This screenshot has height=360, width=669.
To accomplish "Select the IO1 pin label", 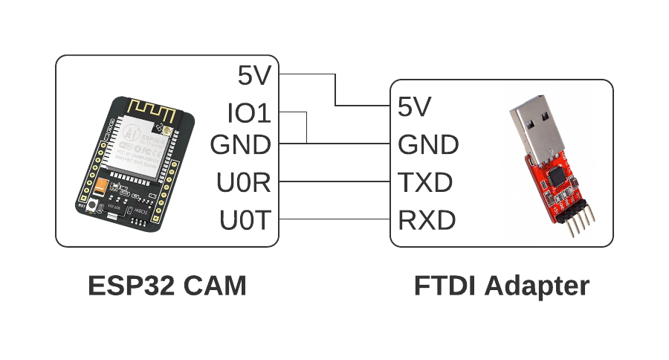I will (248, 114).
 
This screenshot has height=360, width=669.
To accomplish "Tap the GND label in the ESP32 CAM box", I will (240, 145).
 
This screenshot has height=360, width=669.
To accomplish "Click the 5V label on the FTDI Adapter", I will (415, 107).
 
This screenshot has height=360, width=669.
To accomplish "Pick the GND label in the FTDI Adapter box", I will (428, 145).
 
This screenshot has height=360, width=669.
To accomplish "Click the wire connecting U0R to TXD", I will (334, 181).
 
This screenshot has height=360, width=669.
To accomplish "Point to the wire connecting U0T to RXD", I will (334, 219).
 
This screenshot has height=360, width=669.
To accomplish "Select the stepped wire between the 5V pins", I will (336, 89).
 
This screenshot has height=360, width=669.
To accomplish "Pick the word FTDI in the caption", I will (443, 286).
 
